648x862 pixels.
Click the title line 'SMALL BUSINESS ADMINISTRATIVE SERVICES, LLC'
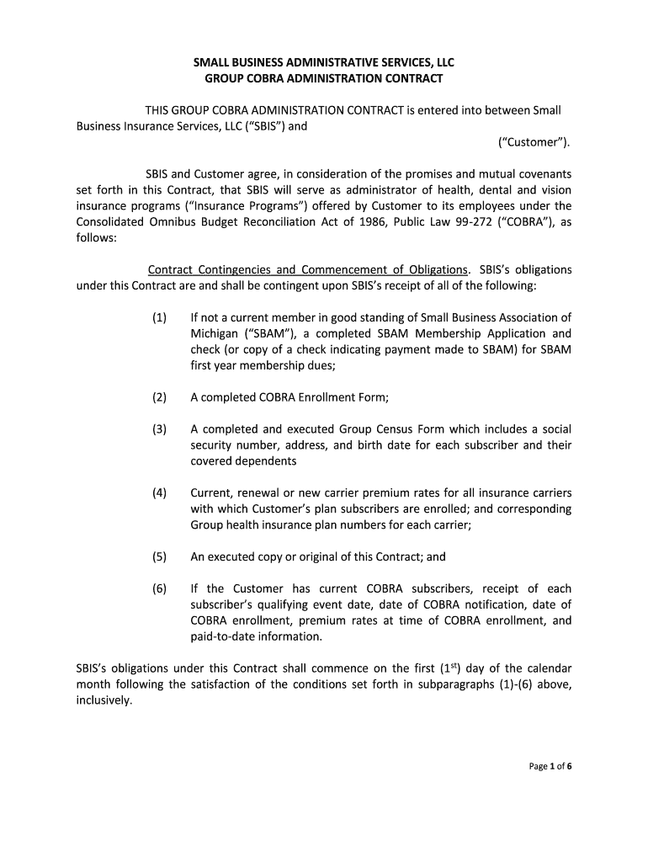point(324,62)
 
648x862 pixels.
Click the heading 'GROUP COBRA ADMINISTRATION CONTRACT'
point(324,79)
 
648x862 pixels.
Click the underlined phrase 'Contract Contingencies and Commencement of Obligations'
point(308,269)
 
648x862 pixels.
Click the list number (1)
point(160,317)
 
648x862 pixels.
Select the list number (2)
point(160,397)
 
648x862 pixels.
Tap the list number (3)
point(160,429)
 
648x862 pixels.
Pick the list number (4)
point(160,492)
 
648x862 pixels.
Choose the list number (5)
point(160,556)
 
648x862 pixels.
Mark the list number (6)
point(160,588)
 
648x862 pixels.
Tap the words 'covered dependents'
point(243,461)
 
